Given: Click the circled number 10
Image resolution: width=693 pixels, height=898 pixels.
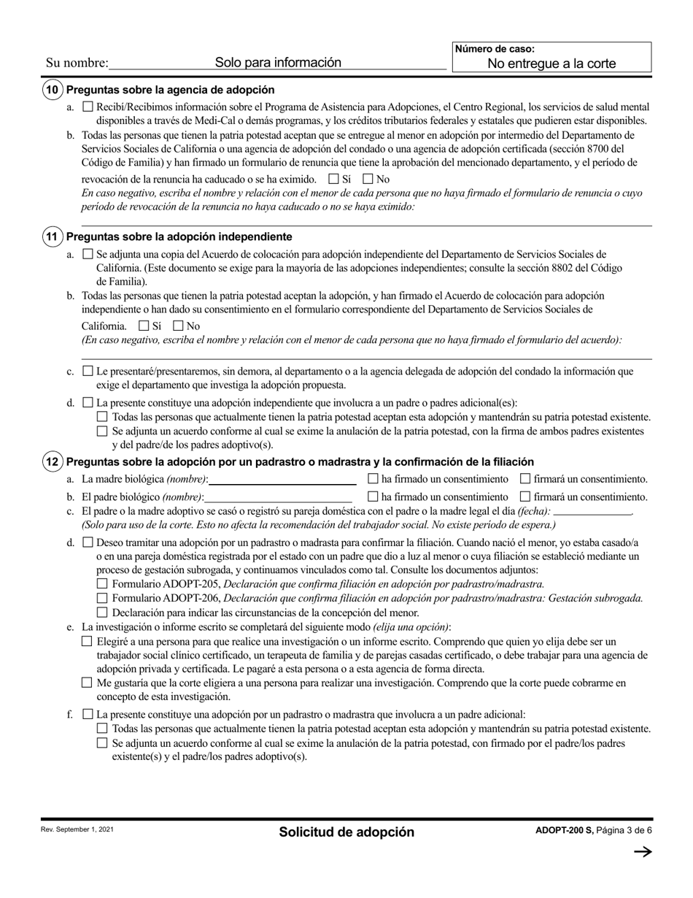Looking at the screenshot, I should pos(52,90).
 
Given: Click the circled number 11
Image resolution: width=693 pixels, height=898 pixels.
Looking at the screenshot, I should pos(52,237).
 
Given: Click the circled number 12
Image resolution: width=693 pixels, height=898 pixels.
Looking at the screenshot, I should pos(52,461).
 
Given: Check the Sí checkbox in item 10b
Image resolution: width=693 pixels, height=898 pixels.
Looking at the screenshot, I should pos(334,179).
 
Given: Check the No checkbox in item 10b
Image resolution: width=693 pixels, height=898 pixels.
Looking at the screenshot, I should pos(368,179).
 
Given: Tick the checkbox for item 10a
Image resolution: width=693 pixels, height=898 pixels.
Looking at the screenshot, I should pos(88,107).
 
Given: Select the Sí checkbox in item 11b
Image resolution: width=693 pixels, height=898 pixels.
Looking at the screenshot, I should pos(144,326).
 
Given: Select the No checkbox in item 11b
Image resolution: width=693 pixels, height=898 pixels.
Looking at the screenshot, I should pos(178,326).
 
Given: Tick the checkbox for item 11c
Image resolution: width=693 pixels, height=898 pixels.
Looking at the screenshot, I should pos(88,371).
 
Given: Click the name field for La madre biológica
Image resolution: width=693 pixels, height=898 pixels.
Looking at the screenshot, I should pos(282,480).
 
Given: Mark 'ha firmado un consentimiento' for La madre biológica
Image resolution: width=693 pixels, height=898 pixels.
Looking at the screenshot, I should pos(373,480).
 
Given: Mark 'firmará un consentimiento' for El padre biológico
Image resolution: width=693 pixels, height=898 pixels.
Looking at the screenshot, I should pos(525,497).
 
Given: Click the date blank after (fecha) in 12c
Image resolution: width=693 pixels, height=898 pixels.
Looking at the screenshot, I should pos(592,512).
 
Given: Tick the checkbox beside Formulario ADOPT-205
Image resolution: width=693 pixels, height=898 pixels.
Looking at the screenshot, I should pos(102,584).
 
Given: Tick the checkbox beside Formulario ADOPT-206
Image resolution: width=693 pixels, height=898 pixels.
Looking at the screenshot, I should pos(102,599).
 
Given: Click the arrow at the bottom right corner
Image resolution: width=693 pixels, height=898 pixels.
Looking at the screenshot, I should pos(642,851).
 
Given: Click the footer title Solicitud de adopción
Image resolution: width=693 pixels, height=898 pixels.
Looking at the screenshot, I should pos(346,832).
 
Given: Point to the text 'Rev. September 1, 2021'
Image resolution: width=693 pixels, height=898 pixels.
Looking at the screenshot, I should pos(77,830).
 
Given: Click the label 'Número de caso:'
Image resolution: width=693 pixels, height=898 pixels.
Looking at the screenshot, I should pos(495,50).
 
